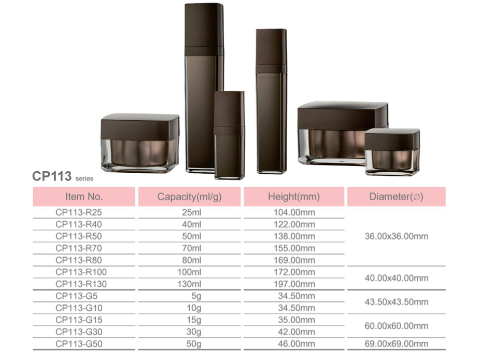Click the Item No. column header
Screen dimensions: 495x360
(84, 197)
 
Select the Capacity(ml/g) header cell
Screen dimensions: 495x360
(189, 197)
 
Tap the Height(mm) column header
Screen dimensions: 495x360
(294, 197)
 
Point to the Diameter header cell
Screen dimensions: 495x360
(397, 197)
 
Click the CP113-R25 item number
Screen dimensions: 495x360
(79, 212)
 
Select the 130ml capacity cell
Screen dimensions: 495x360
(189, 284)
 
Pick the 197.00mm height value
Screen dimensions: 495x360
(294, 284)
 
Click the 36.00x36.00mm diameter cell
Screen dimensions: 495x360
(397, 237)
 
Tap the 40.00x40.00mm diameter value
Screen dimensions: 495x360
(397, 278)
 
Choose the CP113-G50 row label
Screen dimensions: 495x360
(79, 344)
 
